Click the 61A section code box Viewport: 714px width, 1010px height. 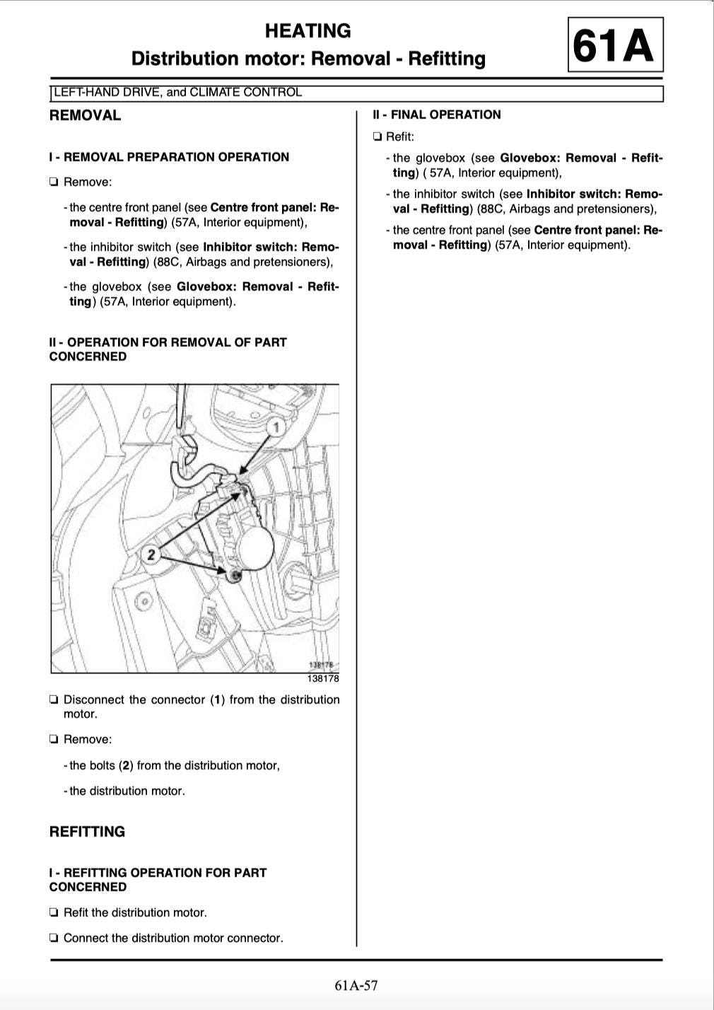[x=614, y=46]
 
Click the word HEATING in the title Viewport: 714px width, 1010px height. [x=308, y=31]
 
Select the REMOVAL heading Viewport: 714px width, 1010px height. [x=85, y=115]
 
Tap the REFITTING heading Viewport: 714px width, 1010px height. [x=87, y=832]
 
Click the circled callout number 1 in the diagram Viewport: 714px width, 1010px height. [x=276, y=427]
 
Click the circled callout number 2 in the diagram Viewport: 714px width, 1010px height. [x=151, y=554]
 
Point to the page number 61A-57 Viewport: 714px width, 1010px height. [x=356, y=985]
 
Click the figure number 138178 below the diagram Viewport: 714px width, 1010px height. [x=322, y=678]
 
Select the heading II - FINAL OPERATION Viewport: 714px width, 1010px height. [x=437, y=115]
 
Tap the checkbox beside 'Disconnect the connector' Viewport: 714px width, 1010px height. [x=54, y=700]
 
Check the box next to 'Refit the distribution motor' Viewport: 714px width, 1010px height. [x=54, y=913]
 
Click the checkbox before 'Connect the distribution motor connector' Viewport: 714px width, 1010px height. [x=54, y=939]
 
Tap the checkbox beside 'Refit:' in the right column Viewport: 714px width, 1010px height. [x=377, y=137]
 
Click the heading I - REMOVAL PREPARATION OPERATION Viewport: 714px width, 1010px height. [x=169, y=157]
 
